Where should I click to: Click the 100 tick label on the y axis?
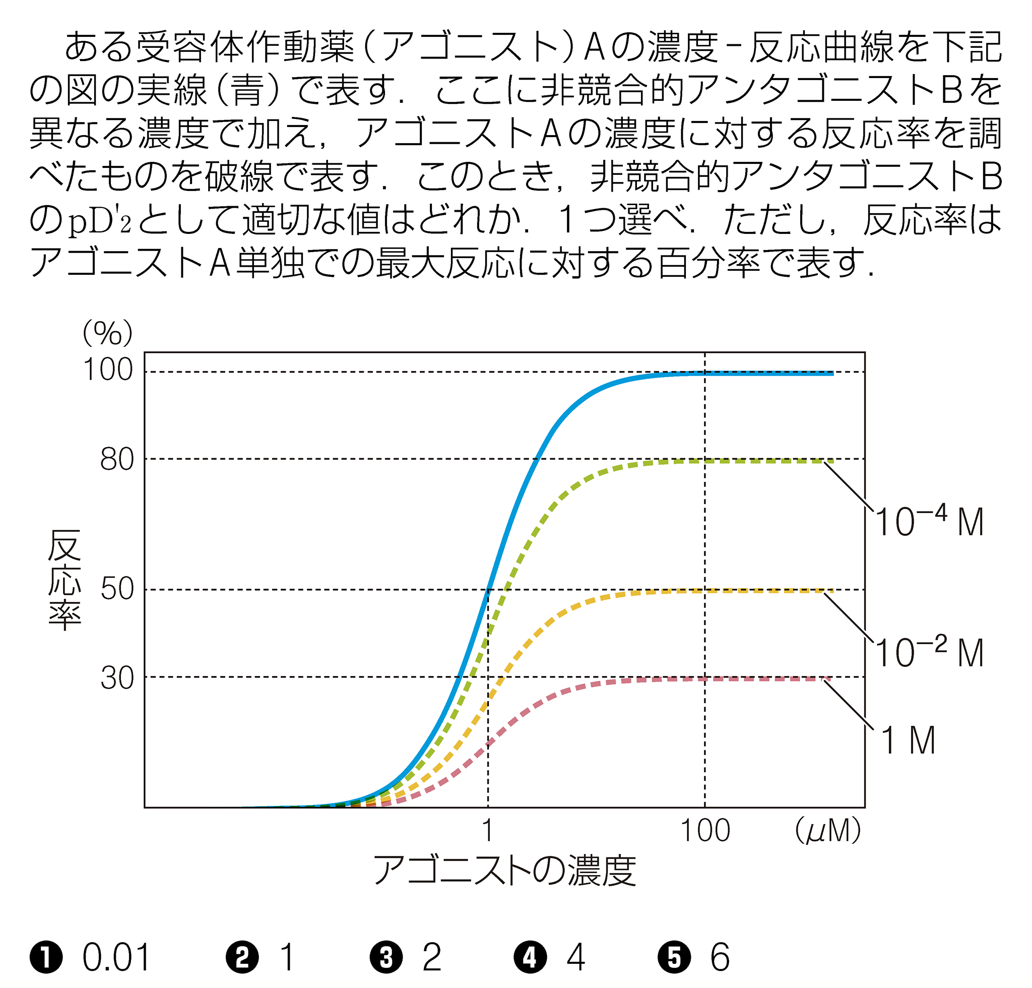click(x=108, y=370)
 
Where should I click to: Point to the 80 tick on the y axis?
click(x=117, y=460)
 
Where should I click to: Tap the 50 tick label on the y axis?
click(x=117, y=589)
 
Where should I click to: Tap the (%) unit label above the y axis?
click(x=107, y=333)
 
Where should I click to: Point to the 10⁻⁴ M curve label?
click(x=929, y=521)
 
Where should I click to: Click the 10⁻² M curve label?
click(x=929, y=652)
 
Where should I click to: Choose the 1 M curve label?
click(x=908, y=740)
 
